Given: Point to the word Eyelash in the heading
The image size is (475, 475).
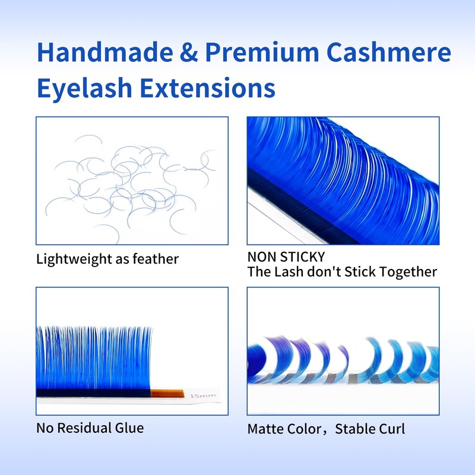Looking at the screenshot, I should [x=83, y=88].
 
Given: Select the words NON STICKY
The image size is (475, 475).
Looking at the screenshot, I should [x=286, y=257].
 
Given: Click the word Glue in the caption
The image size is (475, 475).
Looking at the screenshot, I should [x=131, y=427].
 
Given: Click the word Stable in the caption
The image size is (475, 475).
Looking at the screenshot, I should [x=354, y=428].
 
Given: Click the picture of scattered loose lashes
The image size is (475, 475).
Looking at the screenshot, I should [x=132, y=180].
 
